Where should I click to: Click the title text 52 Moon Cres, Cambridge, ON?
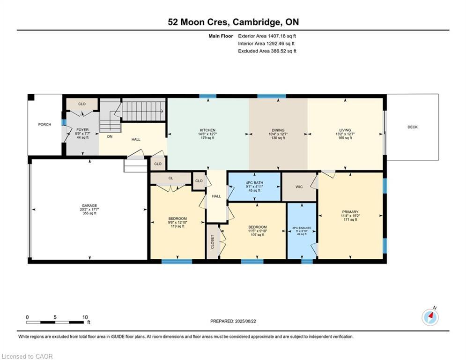[233, 22]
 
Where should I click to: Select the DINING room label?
[278, 130]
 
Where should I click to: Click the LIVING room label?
[345, 130]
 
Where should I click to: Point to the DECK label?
[412, 127]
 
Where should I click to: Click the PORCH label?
[44, 125]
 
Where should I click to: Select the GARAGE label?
[89, 205]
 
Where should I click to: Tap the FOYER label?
[81, 130]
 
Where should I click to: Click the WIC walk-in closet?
[299, 187]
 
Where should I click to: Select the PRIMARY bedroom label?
[350, 212]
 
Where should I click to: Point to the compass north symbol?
[430, 317]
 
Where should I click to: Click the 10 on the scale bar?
[85, 317]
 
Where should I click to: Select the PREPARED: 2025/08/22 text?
[233, 321]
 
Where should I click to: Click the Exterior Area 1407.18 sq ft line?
[267, 36]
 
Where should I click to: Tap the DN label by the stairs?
[109, 137]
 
